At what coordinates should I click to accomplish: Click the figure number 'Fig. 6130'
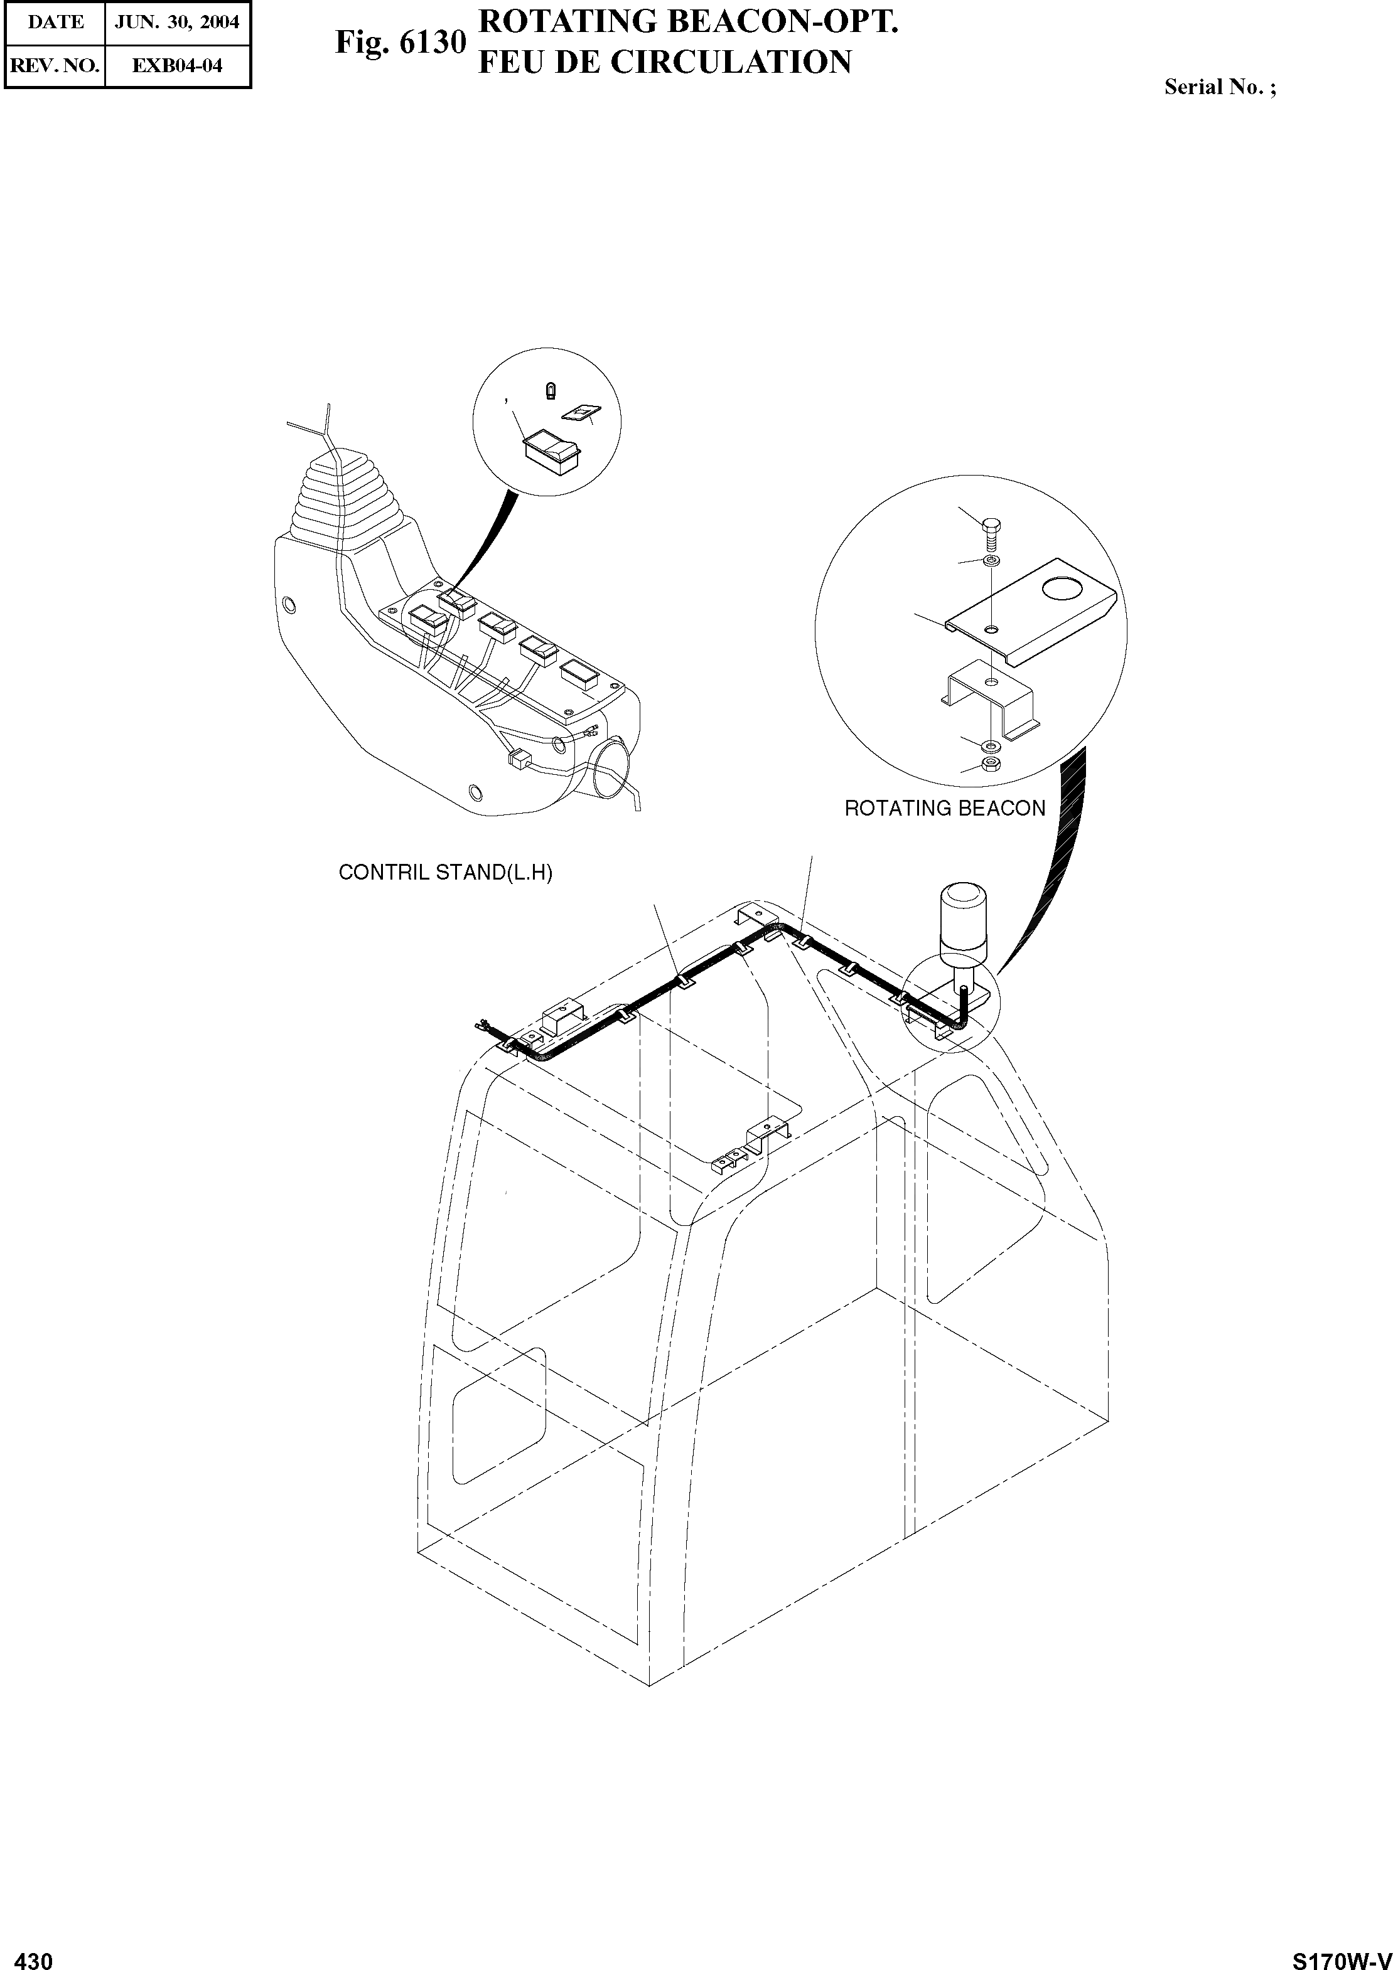[x=400, y=42]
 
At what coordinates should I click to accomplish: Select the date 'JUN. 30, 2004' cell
[x=177, y=23]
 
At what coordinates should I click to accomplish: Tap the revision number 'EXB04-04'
[x=177, y=65]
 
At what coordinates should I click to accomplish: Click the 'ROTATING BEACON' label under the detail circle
[x=945, y=808]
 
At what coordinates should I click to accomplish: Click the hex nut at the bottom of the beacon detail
[x=989, y=762]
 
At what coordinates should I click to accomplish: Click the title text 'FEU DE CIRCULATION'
[x=664, y=61]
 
